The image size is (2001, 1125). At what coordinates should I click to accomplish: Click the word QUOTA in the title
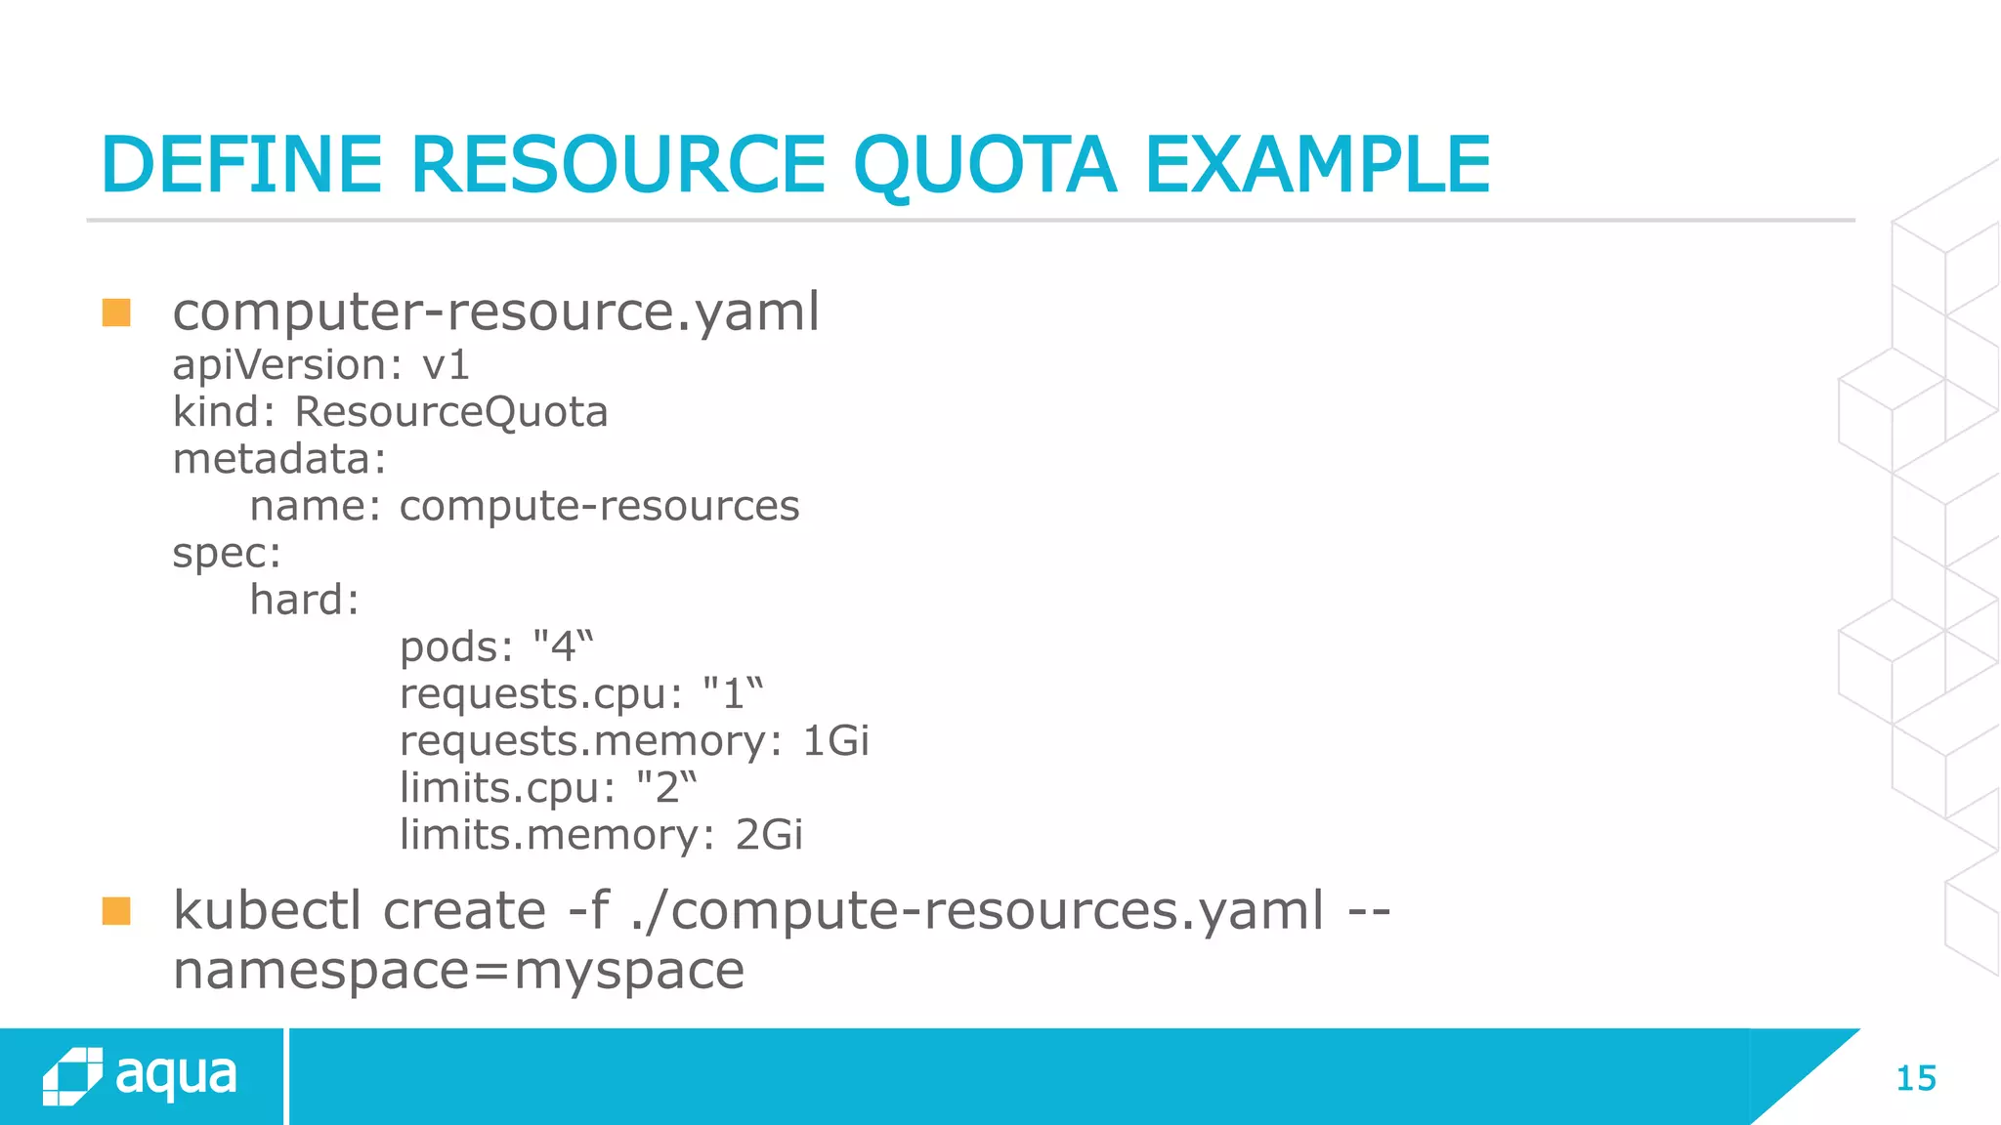click(984, 166)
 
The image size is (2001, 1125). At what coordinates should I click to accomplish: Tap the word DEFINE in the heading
click(241, 166)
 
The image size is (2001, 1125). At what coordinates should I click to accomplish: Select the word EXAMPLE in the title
click(1316, 166)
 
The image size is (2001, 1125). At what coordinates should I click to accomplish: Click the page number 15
click(1915, 1078)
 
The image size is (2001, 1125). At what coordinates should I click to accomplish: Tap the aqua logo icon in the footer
click(72, 1076)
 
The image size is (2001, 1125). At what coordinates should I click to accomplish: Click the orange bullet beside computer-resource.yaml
click(116, 312)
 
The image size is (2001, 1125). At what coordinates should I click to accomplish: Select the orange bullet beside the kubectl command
click(116, 911)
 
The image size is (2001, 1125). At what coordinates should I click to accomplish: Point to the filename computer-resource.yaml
click(495, 312)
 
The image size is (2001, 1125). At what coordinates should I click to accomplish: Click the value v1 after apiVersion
click(446, 365)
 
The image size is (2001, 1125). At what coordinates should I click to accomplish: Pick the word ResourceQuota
click(450, 412)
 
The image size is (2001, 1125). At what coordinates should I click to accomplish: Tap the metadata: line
click(279, 459)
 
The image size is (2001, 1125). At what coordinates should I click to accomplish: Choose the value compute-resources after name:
click(599, 506)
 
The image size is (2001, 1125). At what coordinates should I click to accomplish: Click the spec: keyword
click(227, 554)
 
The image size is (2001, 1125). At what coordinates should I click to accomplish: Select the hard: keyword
click(304, 600)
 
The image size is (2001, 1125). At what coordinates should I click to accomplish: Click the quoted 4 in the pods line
click(563, 646)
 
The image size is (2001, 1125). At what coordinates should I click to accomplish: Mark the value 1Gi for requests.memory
click(835, 741)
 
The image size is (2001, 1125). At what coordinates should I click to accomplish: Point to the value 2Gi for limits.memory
click(769, 835)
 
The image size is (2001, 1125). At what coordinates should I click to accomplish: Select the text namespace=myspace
click(458, 971)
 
